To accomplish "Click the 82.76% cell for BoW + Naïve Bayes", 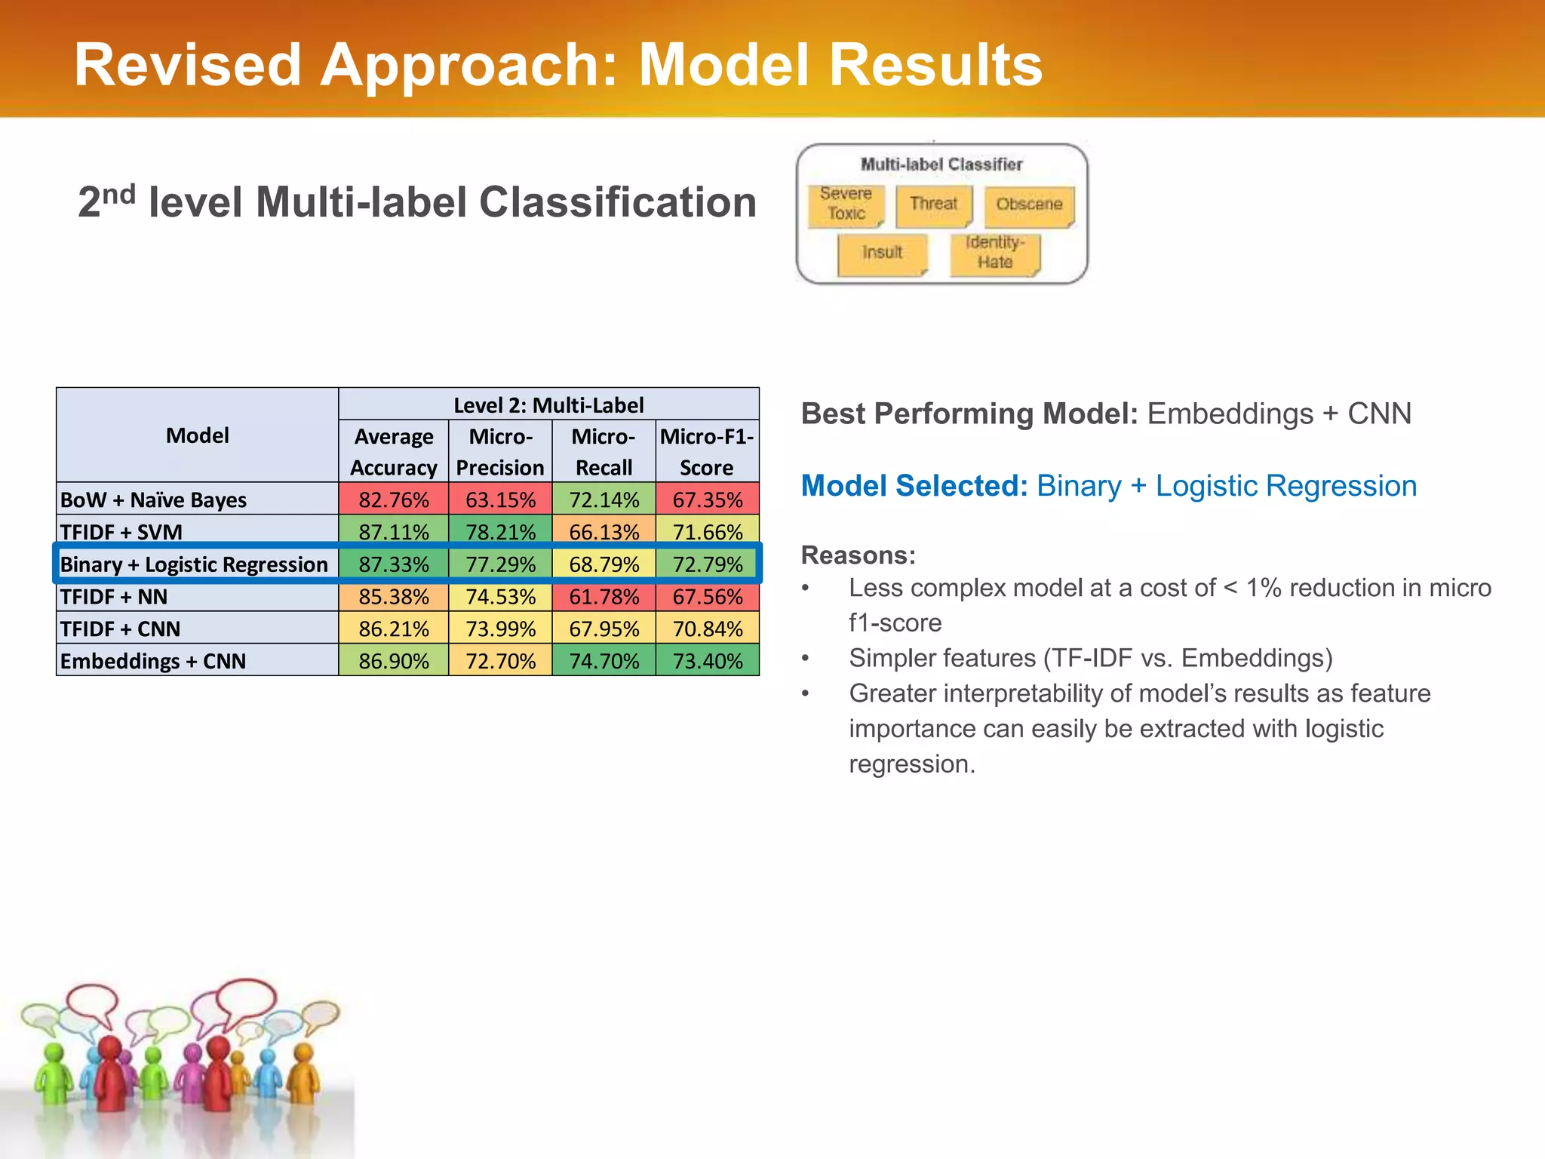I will (393, 500).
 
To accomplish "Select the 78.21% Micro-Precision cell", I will (500, 531).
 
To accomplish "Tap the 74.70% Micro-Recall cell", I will (604, 661).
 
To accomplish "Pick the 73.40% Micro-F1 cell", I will (708, 661).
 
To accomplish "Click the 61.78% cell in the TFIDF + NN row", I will (604, 596).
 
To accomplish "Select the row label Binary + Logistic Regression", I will (194, 564).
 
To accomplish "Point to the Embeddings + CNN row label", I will (153, 661).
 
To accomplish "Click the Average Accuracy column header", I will (393, 452).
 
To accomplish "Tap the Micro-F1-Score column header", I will (707, 452).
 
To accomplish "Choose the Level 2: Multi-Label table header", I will (548, 405).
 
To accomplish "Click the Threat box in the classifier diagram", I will (933, 204).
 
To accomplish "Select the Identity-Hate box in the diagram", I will (994, 253).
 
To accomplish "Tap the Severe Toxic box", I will (846, 204).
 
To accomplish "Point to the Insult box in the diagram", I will (882, 253).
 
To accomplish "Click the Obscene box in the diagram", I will (1029, 204).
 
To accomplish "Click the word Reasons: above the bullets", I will (858, 555).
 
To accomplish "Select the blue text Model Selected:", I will (914, 486).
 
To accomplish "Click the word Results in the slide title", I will (935, 65).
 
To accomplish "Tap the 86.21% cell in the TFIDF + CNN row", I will (393, 629).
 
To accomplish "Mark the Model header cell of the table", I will (198, 435).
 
